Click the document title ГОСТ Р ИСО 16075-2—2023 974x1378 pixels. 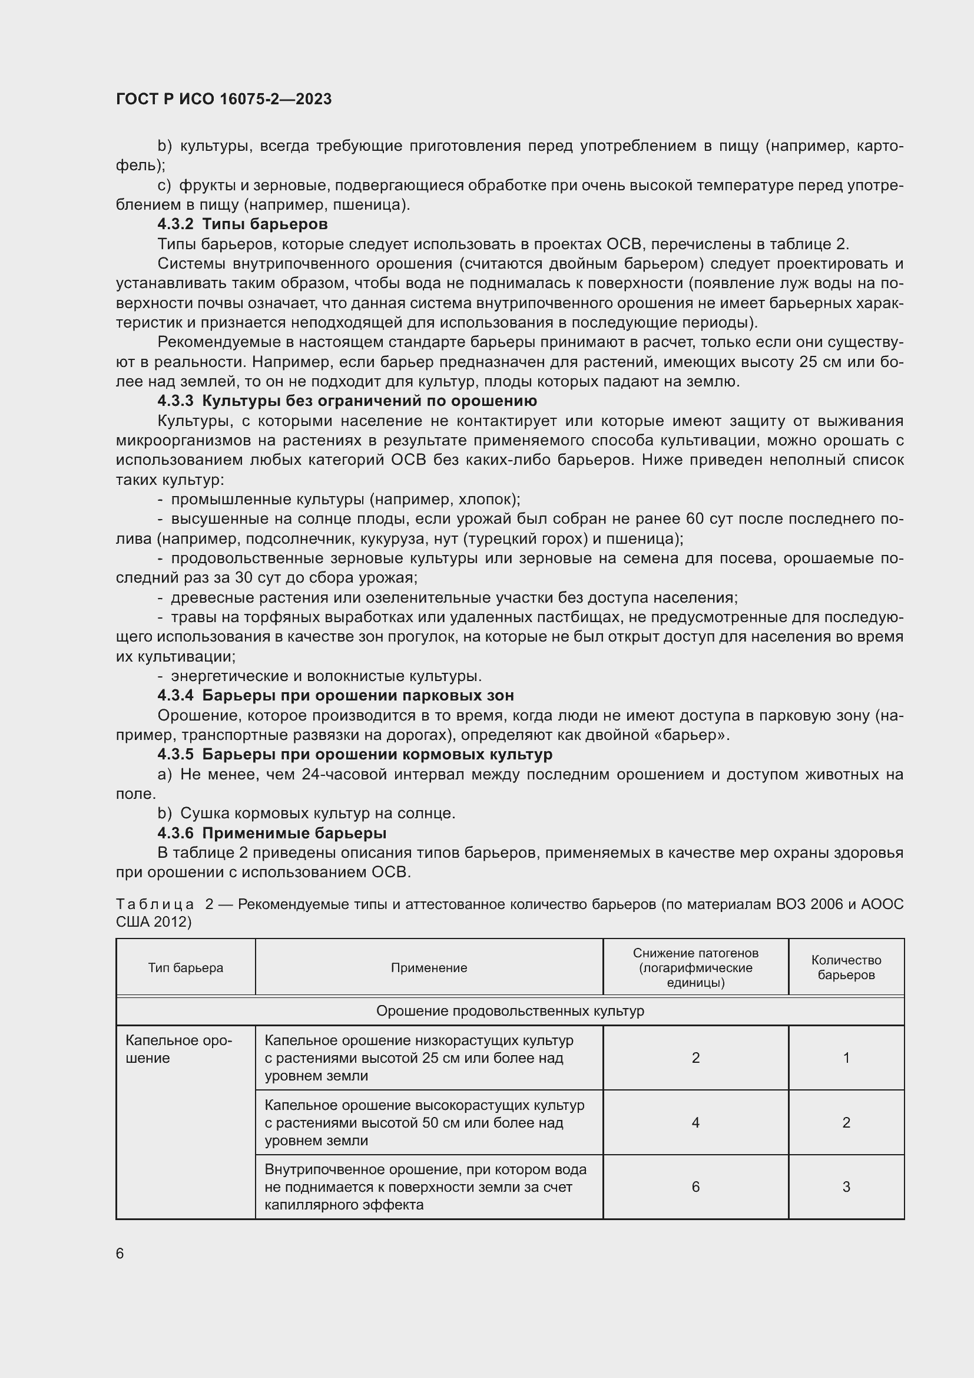pos(224,99)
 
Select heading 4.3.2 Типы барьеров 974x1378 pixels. pos(242,224)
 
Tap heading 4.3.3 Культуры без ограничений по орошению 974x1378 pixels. pos(347,401)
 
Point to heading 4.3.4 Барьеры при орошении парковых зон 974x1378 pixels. pos(335,696)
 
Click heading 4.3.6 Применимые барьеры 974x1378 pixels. pos(271,833)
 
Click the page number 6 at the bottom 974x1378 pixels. pos(120,1254)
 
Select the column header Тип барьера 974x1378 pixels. pos(185,967)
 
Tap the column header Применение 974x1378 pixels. pos(429,967)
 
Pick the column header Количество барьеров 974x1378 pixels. pos(846,967)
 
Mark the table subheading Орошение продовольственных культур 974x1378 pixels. pos(510,1012)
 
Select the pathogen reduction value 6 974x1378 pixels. pos(695,1187)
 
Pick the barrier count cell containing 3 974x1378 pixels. pos(846,1187)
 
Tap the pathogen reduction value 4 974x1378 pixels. pos(695,1122)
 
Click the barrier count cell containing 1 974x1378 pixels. pos(846,1058)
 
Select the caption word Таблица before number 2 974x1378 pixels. pos(155,904)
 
